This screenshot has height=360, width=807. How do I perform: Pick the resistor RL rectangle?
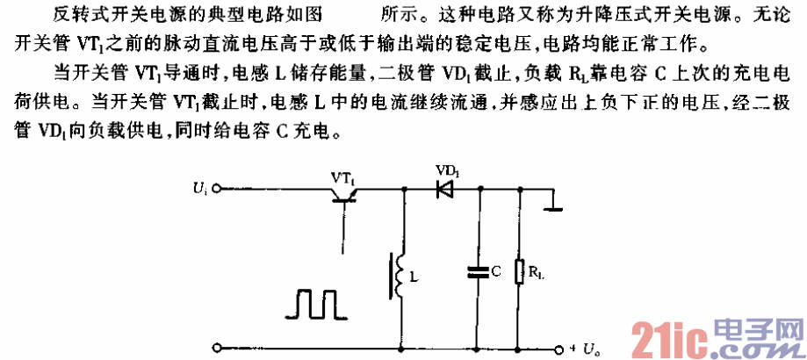522,273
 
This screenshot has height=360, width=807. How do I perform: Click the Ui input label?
198,187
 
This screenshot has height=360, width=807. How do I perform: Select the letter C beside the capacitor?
496,273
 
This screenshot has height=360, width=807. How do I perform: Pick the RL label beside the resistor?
537,274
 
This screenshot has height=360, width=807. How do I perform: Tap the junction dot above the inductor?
402,187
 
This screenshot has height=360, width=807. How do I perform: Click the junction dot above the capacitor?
479,187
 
